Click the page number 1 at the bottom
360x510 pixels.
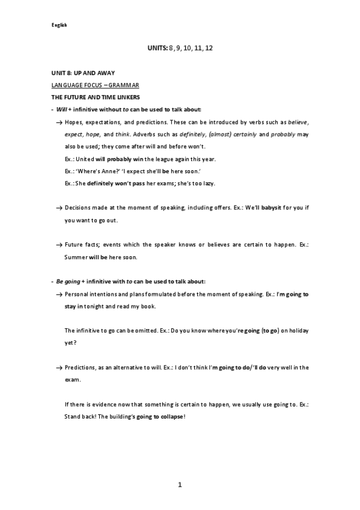click(x=180, y=485)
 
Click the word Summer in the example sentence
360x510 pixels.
click(x=76, y=257)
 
